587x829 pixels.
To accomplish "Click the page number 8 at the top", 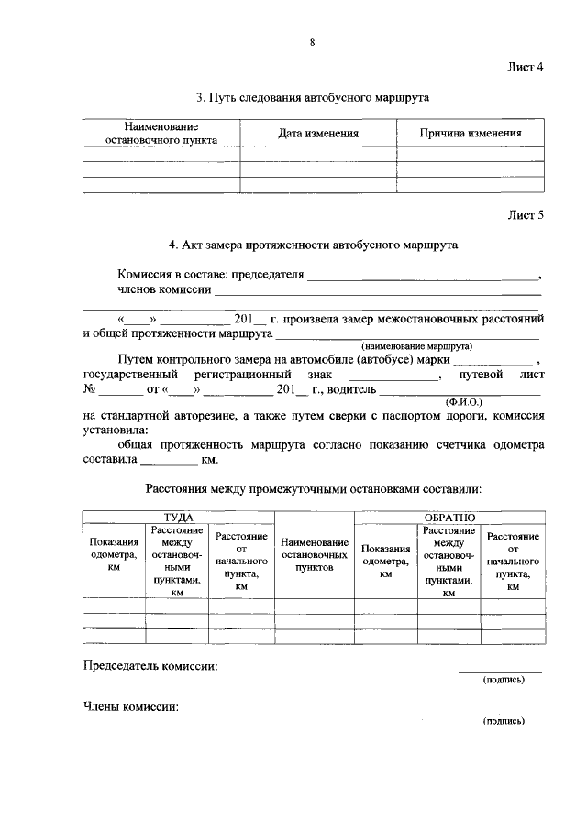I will pyautogui.click(x=312, y=42).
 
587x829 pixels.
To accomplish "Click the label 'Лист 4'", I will pyautogui.click(x=526, y=67).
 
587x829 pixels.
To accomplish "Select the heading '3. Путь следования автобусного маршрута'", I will pyautogui.click(x=313, y=96).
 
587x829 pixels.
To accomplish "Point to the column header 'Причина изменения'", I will pyautogui.click(x=471, y=134).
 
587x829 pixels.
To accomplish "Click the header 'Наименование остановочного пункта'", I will pyautogui.click(x=161, y=134).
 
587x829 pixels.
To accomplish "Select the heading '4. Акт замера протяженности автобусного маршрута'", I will pyautogui.click(x=313, y=245).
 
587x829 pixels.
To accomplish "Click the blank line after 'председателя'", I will pyautogui.click(x=423, y=277).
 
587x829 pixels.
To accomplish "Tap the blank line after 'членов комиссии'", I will pyautogui.click(x=377, y=293).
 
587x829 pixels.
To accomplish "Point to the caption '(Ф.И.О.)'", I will pyautogui.click(x=463, y=401).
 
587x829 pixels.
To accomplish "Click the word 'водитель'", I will pyautogui.click(x=349, y=390).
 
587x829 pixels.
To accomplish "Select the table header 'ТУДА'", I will pyautogui.click(x=179, y=518).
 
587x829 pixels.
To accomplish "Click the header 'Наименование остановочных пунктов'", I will pyautogui.click(x=315, y=555).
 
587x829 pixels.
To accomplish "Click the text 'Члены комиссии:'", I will pyautogui.click(x=130, y=707).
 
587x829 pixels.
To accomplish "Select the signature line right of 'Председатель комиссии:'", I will pyautogui.click(x=501, y=672).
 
